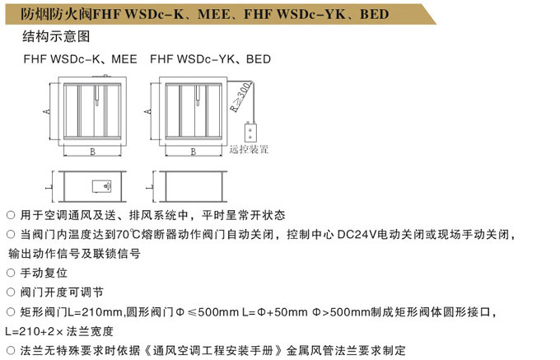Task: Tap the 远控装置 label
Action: [x=250, y=150]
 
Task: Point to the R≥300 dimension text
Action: [x=239, y=97]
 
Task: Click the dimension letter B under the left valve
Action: [x=92, y=151]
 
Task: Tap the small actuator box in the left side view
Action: [x=103, y=187]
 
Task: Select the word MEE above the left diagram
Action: [x=124, y=60]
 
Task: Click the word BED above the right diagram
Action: [x=258, y=60]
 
